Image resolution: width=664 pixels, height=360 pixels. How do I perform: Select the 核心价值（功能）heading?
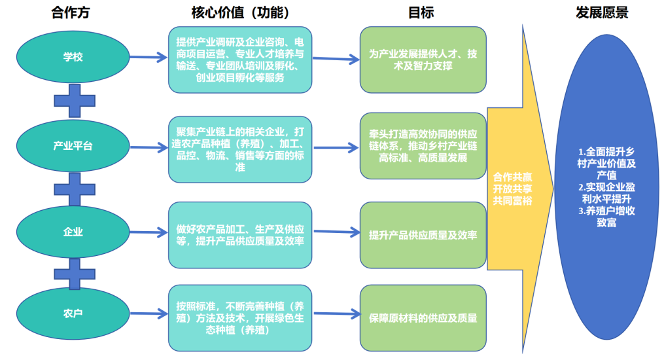click(x=239, y=12)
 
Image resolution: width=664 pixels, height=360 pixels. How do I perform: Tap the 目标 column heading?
click(x=421, y=12)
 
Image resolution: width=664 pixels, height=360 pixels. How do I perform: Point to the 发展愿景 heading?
click(x=602, y=12)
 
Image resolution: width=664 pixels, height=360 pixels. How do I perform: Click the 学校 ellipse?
click(x=73, y=57)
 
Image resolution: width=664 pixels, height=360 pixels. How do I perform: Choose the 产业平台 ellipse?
click(x=73, y=145)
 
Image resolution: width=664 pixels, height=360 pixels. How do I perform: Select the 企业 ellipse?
click(x=73, y=232)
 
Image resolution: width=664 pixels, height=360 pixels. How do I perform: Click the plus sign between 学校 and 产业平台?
click(x=73, y=101)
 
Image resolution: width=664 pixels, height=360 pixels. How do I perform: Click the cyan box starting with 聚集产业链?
click(x=239, y=149)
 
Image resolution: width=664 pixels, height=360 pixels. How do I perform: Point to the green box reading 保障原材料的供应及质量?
click(x=423, y=318)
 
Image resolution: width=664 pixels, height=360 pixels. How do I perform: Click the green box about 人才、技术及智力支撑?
click(x=423, y=60)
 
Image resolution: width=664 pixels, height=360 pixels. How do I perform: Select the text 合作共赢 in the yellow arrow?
click(x=513, y=177)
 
